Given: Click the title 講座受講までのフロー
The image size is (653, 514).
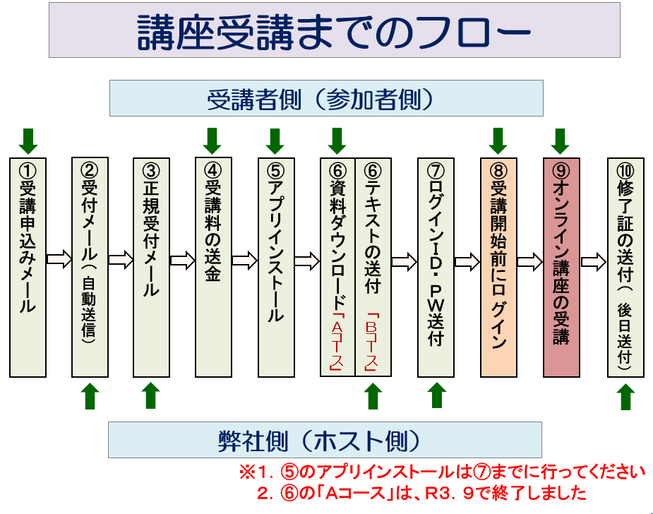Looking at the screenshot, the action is (x=334, y=31).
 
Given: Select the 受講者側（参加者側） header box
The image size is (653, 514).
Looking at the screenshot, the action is (x=326, y=98).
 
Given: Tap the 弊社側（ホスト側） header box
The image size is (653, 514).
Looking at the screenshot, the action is (x=325, y=440).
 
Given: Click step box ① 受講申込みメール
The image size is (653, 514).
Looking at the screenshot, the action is (x=28, y=268).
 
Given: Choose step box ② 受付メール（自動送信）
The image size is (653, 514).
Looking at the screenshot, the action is (x=90, y=268).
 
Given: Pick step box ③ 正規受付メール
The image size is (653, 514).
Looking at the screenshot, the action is (x=152, y=268).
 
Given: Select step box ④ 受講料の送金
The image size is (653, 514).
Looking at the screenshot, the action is (x=214, y=268).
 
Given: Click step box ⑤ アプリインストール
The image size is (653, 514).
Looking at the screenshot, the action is (x=276, y=268).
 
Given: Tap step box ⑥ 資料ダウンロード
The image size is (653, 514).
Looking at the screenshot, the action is (x=337, y=267).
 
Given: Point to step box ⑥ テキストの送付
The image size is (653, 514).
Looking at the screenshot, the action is (x=373, y=267).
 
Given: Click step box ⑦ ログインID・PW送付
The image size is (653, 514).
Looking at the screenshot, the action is (x=436, y=268).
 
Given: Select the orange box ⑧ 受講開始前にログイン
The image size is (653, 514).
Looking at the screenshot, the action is (x=498, y=268).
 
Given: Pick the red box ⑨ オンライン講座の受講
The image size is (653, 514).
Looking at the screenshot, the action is (x=561, y=268).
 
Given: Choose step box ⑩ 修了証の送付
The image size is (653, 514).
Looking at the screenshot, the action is (x=625, y=268).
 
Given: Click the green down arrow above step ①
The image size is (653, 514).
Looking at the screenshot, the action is (x=28, y=141).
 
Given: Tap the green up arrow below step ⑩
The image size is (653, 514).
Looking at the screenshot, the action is (x=625, y=397).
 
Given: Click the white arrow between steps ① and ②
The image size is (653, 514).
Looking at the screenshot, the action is (x=59, y=259).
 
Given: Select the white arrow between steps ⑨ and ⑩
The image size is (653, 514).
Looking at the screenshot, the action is (x=594, y=261).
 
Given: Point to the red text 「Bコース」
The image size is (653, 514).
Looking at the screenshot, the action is (x=371, y=342).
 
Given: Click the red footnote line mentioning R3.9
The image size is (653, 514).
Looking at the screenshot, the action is (x=421, y=494).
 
